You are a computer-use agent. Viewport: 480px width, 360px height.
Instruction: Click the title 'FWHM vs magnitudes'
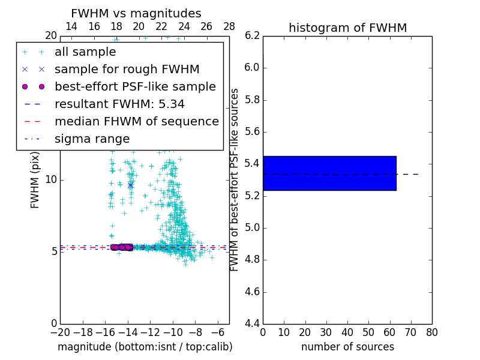[x=136, y=14]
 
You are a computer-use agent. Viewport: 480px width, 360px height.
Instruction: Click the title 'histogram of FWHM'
[x=347, y=28]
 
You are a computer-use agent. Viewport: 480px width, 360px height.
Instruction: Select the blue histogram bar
[x=329, y=173]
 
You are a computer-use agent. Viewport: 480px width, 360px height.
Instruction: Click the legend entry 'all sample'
[x=85, y=52]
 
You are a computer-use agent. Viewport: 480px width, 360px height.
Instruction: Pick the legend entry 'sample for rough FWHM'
[x=127, y=69]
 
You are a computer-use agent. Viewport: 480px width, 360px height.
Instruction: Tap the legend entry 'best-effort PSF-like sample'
[x=135, y=86]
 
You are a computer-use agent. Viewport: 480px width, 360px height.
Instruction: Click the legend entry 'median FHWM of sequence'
[x=136, y=121]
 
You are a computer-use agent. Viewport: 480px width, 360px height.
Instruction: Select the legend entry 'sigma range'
[x=92, y=139]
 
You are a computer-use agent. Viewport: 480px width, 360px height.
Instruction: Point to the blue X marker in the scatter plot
[x=130, y=185]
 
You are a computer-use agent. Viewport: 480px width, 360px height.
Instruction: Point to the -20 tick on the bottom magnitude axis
[x=60, y=332]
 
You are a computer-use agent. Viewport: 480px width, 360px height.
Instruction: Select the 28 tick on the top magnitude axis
[x=229, y=26]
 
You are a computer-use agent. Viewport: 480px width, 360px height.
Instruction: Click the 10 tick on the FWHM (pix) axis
[x=51, y=180]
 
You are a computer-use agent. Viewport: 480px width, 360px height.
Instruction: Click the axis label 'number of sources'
[x=347, y=347]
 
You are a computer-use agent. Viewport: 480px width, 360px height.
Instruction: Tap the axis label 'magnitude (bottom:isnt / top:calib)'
[x=145, y=347]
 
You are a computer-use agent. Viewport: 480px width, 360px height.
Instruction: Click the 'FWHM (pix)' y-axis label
[x=35, y=180]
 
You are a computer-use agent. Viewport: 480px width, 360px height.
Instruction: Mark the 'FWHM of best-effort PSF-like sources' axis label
[x=235, y=180]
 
